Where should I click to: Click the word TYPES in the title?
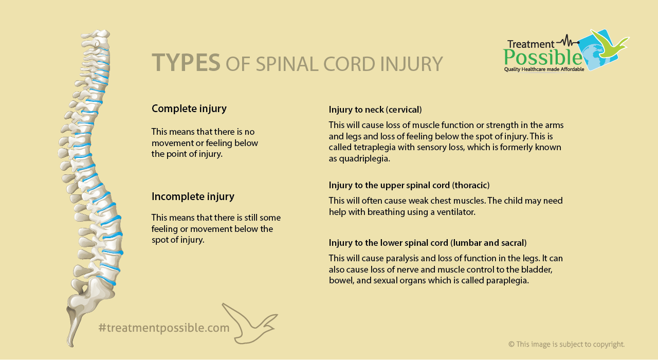(x=186, y=63)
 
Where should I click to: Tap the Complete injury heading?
(x=189, y=109)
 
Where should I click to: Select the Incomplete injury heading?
(x=193, y=197)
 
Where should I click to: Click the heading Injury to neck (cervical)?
(x=375, y=110)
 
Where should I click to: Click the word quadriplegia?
(x=364, y=159)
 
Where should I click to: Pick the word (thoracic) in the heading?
(x=470, y=185)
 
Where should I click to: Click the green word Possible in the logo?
(x=543, y=58)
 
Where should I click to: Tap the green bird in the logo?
(x=609, y=45)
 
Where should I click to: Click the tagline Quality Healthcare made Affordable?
(x=544, y=69)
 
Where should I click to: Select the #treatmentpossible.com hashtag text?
(x=164, y=328)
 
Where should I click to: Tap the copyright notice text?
(x=566, y=344)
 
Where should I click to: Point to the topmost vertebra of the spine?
(x=97, y=34)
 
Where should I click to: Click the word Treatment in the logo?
(x=531, y=44)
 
